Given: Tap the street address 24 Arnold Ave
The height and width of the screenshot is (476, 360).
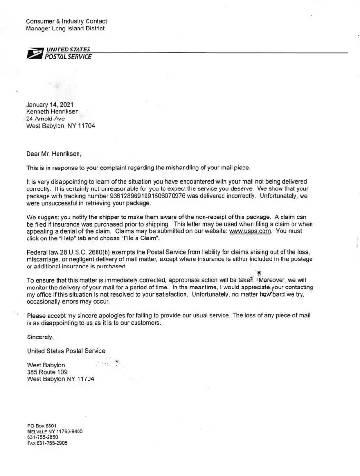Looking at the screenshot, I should pyautogui.click(x=46, y=119).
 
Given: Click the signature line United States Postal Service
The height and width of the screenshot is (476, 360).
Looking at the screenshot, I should pyautogui.click(x=66, y=351).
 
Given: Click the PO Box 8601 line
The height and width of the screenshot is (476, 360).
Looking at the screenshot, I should pyautogui.click(x=42, y=426).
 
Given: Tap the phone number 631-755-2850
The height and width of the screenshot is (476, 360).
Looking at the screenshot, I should pyautogui.click(x=43, y=437).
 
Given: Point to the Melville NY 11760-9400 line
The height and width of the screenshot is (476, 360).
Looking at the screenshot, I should pyautogui.click(x=55, y=431).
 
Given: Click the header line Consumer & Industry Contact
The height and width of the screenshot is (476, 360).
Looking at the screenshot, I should pyautogui.click(x=67, y=21).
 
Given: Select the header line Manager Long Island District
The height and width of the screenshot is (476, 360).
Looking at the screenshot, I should pyautogui.click(x=66, y=29).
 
